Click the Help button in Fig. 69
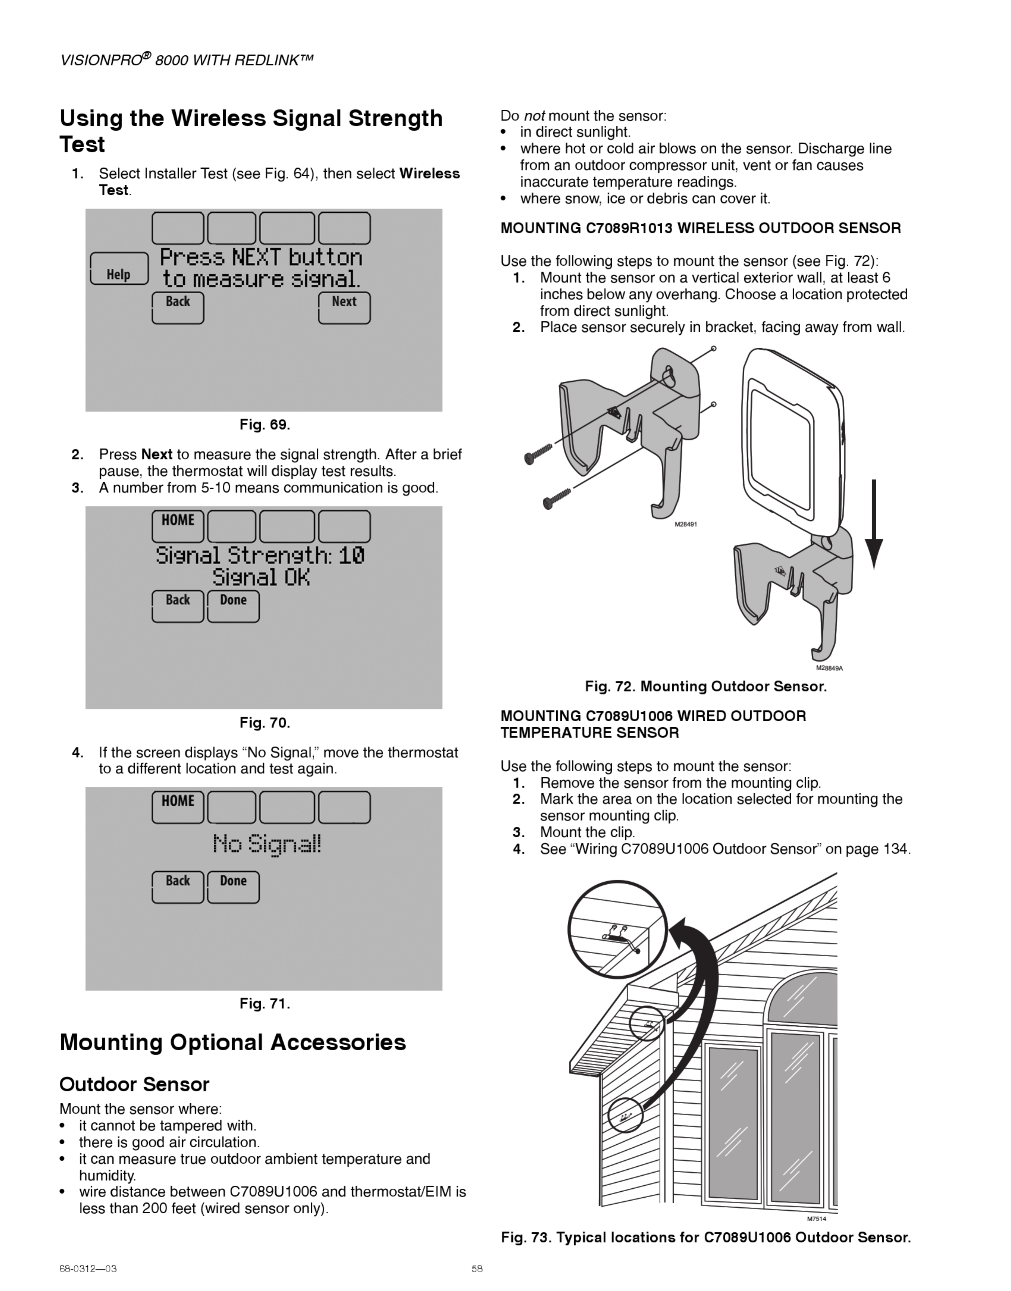[x=119, y=270]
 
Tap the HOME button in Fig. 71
[x=178, y=807]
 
